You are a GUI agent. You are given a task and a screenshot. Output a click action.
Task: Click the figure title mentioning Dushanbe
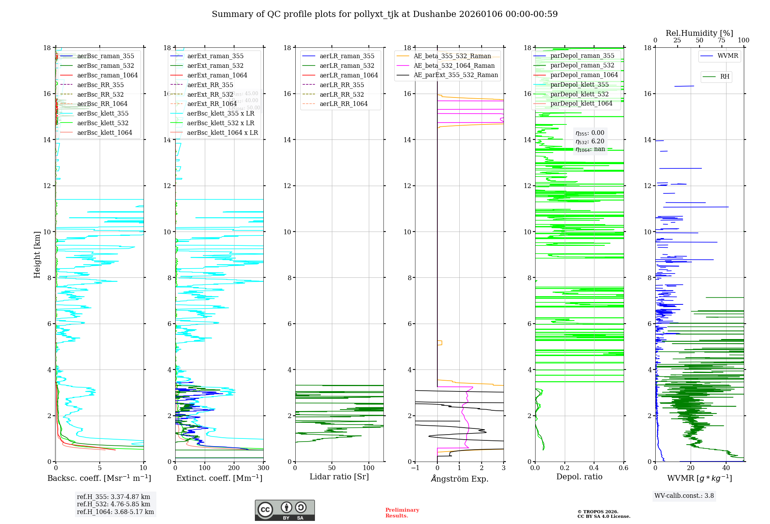(385, 14)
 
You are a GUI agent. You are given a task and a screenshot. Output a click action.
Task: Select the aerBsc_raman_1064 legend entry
(107, 75)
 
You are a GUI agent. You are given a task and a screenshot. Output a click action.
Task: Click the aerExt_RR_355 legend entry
(210, 85)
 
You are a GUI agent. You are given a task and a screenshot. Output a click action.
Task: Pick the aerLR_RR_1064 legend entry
(343, 104)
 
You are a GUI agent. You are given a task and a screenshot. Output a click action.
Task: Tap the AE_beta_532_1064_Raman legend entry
(454, 65)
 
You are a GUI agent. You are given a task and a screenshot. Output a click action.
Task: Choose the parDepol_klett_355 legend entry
(579, 84)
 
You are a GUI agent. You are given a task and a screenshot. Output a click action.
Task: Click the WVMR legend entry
(728, 56)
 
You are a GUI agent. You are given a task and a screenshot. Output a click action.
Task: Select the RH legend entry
(725, 77)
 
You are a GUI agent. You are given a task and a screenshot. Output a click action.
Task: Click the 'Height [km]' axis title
(37, 254)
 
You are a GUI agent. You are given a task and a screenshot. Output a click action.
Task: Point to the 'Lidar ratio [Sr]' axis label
(339, 477)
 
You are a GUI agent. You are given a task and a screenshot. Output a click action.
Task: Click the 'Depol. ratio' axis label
(579, 477)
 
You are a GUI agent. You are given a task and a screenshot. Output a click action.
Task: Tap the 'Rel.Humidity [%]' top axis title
(699, 33)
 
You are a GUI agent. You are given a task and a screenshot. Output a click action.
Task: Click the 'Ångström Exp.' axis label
(459, 479)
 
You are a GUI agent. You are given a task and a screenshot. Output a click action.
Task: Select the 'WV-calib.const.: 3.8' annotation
(684, 496)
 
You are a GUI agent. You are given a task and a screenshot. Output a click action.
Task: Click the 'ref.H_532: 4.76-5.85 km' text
(114, 504)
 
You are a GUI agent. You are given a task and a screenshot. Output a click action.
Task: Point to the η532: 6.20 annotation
(590, 141)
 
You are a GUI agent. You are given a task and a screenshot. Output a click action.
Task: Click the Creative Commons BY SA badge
(285, 510)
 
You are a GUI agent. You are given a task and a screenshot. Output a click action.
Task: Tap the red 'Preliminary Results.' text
(402, 512)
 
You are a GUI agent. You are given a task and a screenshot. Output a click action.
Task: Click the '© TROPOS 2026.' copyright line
(598, 512)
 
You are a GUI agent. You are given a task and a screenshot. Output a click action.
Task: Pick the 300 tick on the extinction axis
(264, 468)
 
